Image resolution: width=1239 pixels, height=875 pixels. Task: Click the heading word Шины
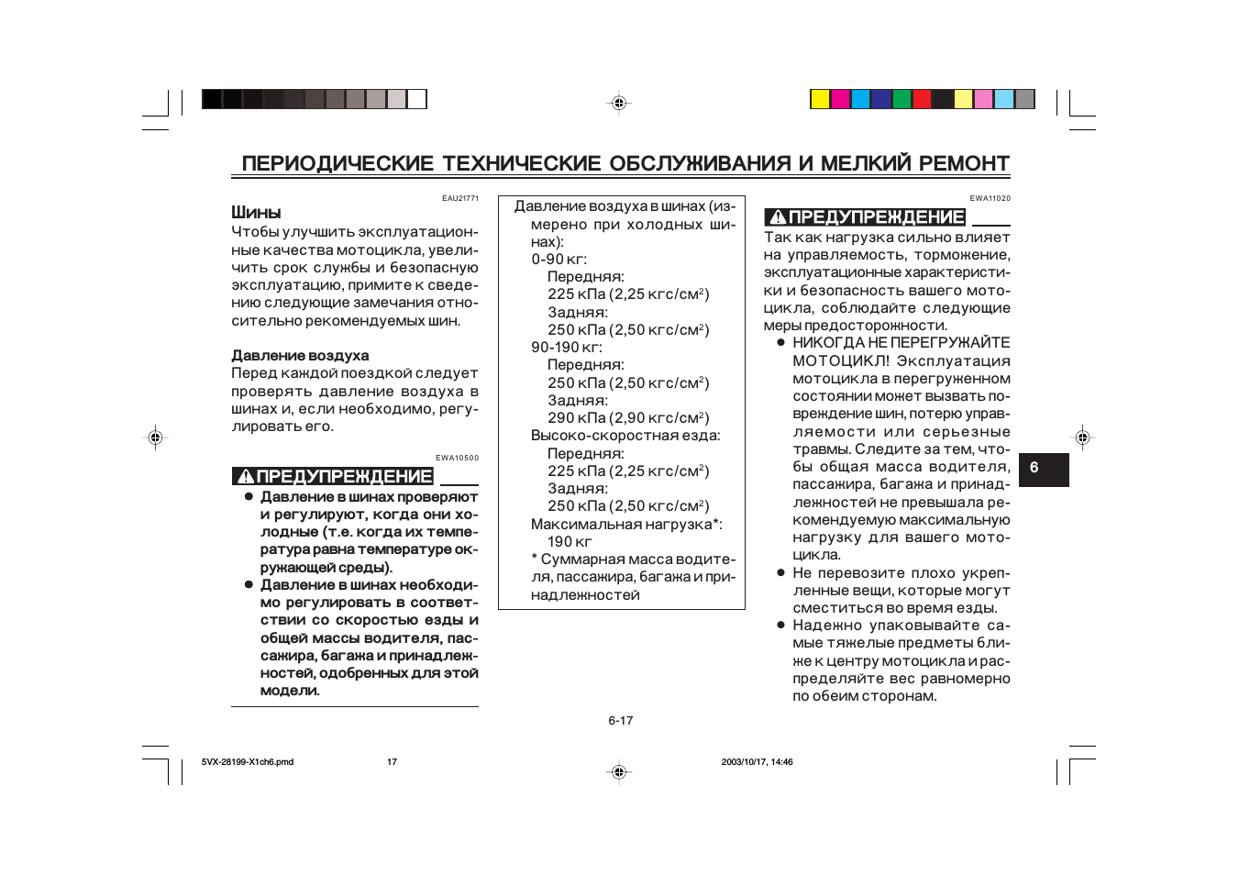point(256,213)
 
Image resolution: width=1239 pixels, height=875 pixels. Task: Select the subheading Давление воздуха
point(300,356)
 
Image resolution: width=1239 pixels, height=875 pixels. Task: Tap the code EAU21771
point(459,198)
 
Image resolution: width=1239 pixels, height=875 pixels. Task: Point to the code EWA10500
point(457,458)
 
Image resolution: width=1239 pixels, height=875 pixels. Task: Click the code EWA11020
point(990,198)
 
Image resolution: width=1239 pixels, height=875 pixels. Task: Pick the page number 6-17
point(620,721)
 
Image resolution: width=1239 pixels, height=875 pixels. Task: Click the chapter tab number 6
point(1034,468)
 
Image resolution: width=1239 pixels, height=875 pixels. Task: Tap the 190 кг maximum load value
point(570,542)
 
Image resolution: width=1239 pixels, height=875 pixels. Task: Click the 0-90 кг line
point(559,260)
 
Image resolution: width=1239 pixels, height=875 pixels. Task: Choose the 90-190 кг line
point(566,348)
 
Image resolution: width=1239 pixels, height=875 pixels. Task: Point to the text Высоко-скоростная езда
point(625,436)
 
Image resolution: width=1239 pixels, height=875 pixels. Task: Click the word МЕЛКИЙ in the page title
point(866,163)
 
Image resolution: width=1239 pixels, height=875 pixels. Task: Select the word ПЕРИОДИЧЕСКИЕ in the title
point(337,163)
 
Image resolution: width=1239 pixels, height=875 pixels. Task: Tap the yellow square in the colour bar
point(820,99)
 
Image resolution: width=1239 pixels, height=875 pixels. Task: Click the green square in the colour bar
point(902,99)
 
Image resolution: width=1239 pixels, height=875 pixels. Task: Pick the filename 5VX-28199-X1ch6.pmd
point(248,762)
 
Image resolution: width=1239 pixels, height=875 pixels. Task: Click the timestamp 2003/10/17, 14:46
point(757,762)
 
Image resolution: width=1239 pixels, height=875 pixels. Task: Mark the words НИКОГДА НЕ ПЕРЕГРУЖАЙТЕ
point(901,343)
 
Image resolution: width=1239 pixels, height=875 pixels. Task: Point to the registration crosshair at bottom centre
point(619,772)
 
